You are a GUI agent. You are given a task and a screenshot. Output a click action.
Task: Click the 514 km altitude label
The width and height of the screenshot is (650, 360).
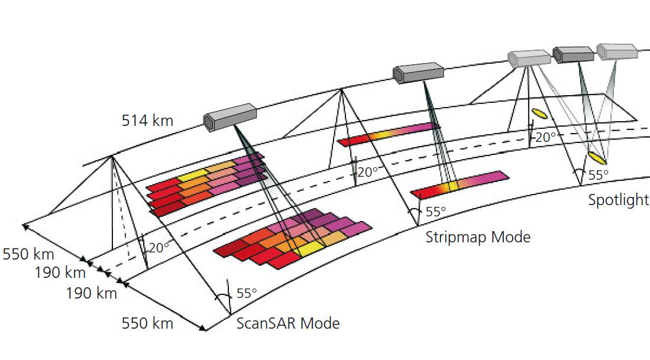tap(147, 121)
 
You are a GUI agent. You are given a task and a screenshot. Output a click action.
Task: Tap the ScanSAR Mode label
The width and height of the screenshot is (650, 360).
tap(288, 323)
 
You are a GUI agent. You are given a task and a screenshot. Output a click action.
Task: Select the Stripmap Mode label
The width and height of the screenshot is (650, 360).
tap(478, 237)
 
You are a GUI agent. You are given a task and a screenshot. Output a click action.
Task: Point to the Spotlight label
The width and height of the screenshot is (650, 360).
tap(618, 200)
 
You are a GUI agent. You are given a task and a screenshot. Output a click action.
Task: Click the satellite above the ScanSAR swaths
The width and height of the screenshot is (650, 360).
tap(230, 116)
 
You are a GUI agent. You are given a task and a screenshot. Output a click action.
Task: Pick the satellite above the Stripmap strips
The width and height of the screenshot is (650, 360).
tap(418, 72)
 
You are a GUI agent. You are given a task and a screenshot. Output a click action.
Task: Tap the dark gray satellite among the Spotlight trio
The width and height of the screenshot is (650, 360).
tap(573, 54)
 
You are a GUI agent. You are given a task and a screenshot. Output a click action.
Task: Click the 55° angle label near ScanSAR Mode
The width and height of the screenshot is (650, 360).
tap(247, 293)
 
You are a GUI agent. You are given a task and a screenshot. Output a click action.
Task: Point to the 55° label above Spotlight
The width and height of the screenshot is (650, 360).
tap(598, 176)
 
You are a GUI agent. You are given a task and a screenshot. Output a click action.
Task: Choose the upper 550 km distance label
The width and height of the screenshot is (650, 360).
tap(28, 255)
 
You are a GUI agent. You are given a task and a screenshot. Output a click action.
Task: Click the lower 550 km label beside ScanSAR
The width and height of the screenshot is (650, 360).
tap(147, 323)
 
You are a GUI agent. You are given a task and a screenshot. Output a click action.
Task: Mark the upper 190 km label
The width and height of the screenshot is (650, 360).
tap(60, 273)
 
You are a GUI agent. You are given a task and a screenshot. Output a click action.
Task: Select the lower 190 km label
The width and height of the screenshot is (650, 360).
tap(91, 293)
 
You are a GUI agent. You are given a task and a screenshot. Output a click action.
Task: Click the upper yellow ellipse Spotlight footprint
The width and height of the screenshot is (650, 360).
tap(538, 112)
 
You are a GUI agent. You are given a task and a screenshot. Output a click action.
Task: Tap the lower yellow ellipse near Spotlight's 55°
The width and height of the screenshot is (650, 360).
tap(596, 158)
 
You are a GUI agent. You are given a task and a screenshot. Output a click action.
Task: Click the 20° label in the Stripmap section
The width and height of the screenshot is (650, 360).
tap(367, 172)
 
